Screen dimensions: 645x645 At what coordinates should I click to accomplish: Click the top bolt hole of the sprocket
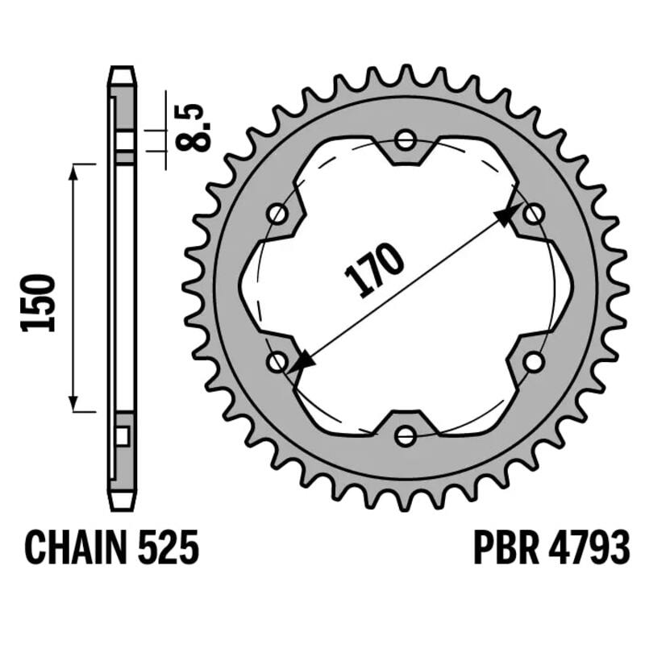point(406,140)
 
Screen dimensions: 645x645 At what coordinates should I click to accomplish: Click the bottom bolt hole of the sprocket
point(406,436)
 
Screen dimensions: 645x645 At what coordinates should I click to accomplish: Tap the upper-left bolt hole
point(277,214)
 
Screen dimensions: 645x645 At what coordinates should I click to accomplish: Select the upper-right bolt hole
point(533,214)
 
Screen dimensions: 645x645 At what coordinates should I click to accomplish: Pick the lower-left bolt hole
point(277,362)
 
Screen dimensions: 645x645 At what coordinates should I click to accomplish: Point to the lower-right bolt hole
point(533,362)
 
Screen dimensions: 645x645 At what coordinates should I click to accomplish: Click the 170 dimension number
point(375,271)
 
